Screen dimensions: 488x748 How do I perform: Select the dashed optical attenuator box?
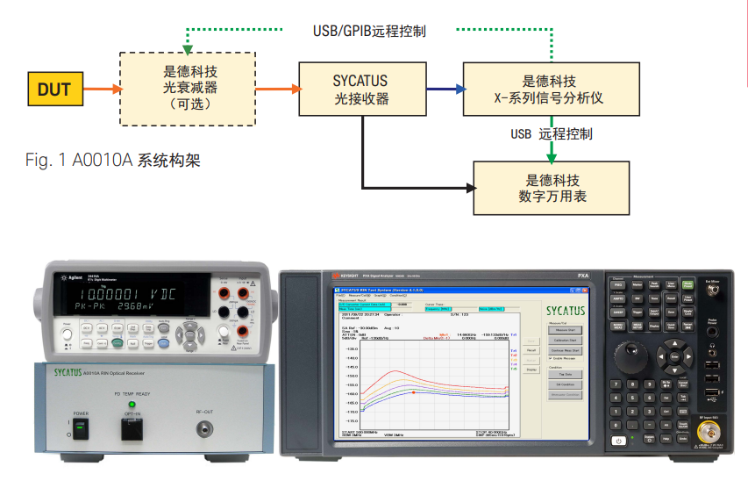coord(188,88)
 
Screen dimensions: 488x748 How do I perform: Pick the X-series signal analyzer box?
coord(548,90)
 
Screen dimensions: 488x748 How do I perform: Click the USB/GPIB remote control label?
coord(369,32)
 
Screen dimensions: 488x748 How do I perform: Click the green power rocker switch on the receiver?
coord(81,429)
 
